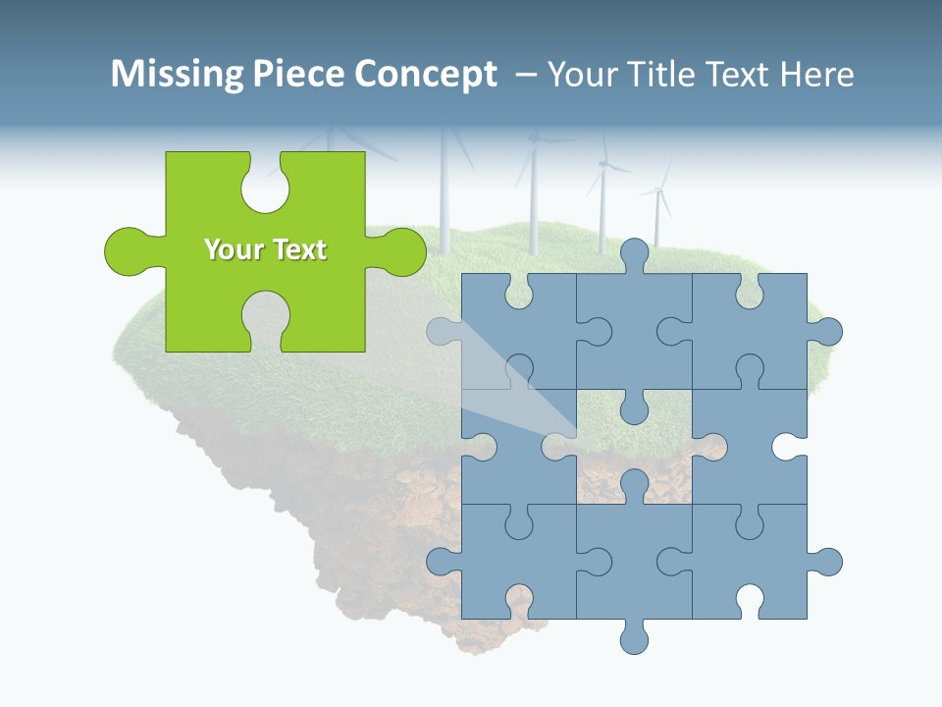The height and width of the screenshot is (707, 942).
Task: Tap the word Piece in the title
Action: pos(294,75)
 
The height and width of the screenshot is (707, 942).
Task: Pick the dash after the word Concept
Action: pos(525,76)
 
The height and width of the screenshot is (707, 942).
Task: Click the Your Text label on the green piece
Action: pos(265,250)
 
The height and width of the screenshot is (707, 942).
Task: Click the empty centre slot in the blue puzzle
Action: pos(635,452)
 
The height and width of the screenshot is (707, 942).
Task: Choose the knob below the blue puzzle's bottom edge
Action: pos(635,638)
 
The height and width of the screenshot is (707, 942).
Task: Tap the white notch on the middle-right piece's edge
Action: pos(787,447)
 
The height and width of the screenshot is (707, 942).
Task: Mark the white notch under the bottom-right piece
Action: pos(750,599)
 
